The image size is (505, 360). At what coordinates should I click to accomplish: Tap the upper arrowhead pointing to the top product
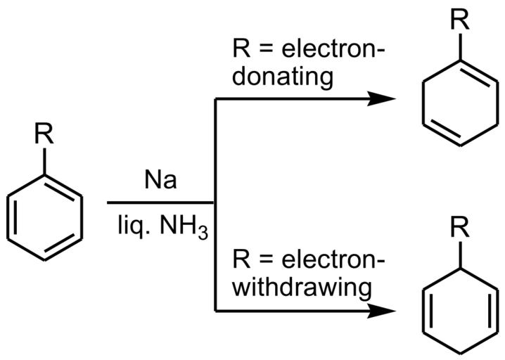click(377, 100)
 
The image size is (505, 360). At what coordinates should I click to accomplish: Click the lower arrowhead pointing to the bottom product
click(377, 309)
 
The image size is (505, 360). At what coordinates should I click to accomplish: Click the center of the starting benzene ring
click(46, 215)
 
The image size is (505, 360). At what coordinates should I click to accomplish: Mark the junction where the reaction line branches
click(214, 204)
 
